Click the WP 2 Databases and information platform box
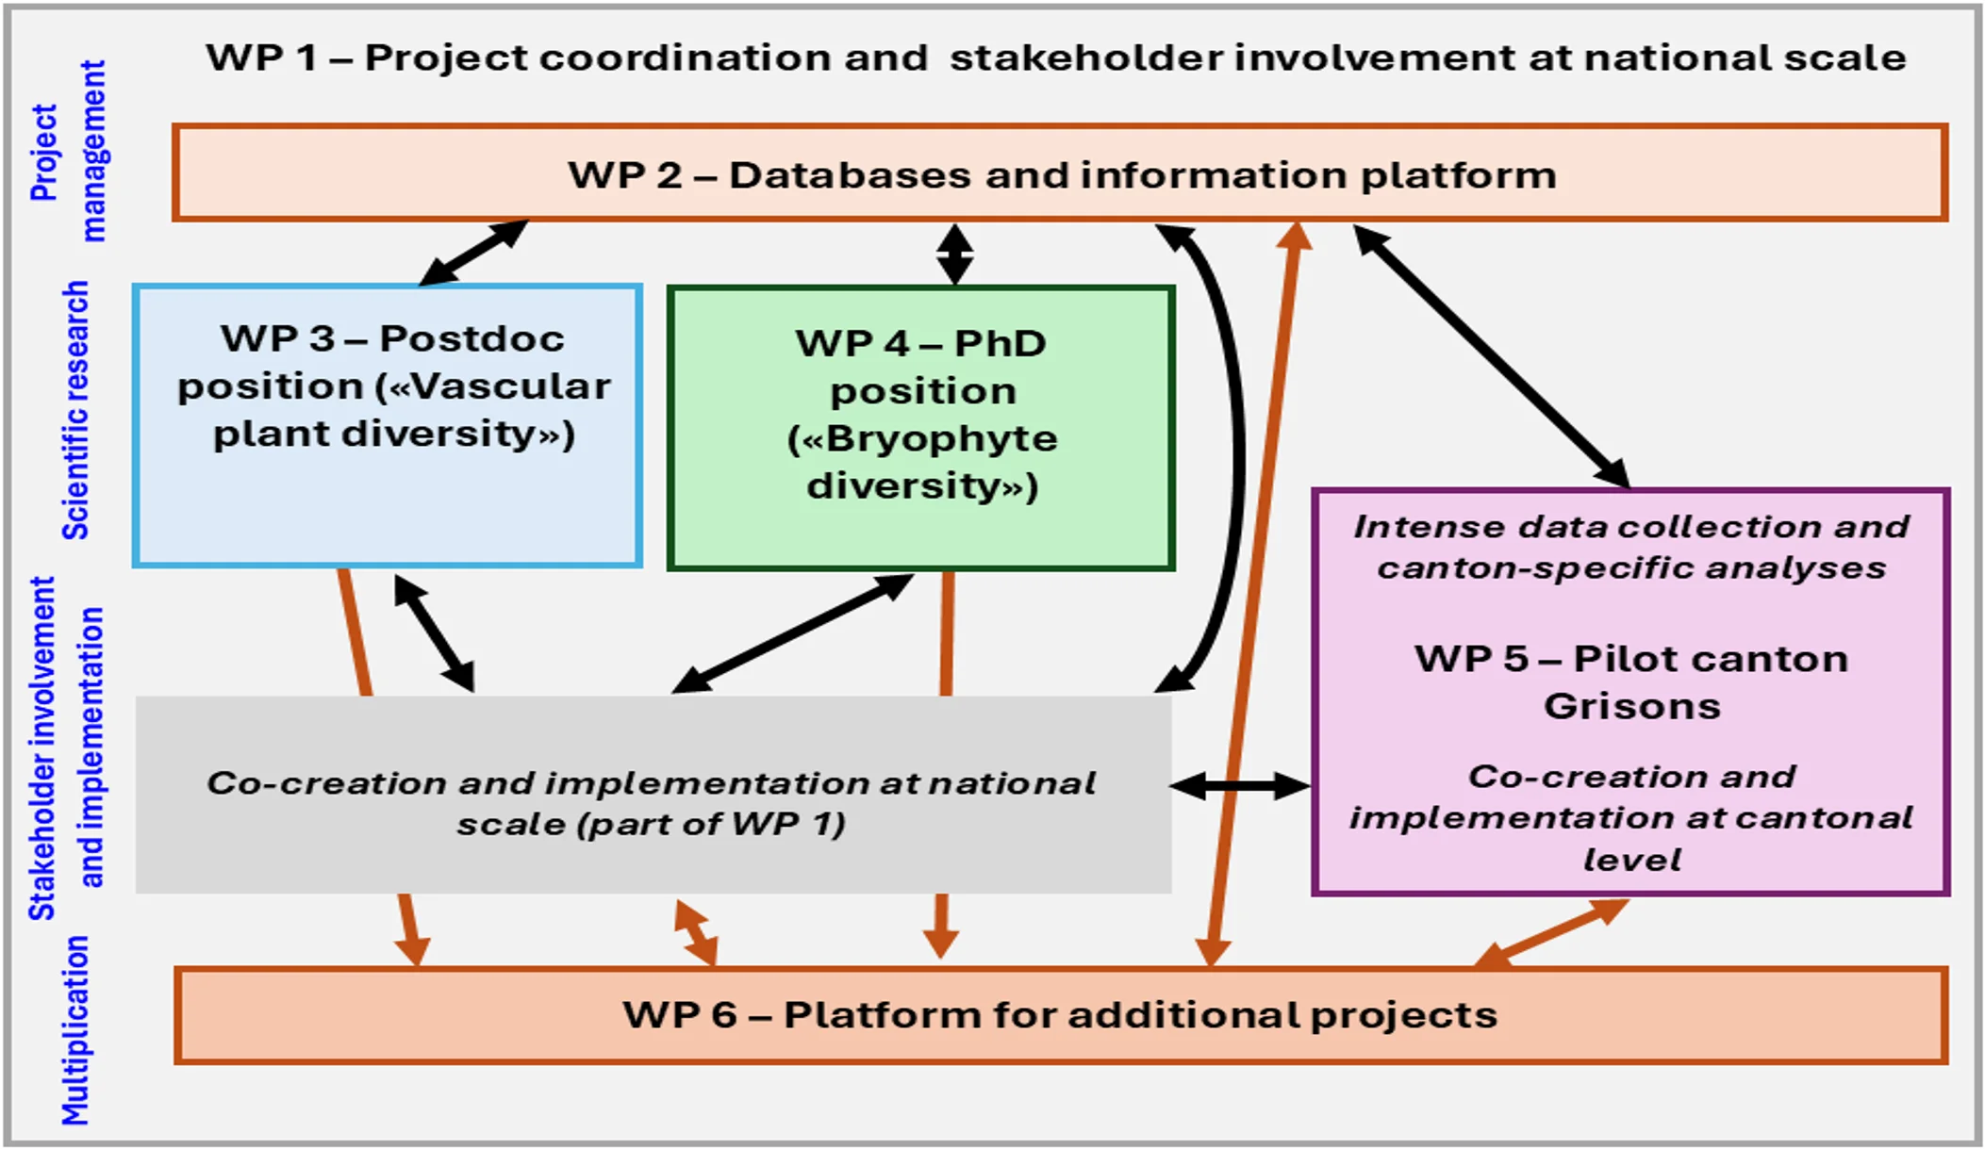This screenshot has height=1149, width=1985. tap(1060, 174)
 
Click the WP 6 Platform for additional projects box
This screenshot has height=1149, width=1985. tap(1060, 1015)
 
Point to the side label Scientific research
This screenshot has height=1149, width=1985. tap(75, 410)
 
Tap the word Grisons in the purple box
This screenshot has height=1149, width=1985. tap(1631, 707)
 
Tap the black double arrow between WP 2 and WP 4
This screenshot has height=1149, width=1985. tap(954, 254)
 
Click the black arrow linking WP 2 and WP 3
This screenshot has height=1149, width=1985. tap(473, 253)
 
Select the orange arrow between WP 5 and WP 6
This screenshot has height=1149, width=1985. tap(1551, 933)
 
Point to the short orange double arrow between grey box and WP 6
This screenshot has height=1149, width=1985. tap(696, 932)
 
